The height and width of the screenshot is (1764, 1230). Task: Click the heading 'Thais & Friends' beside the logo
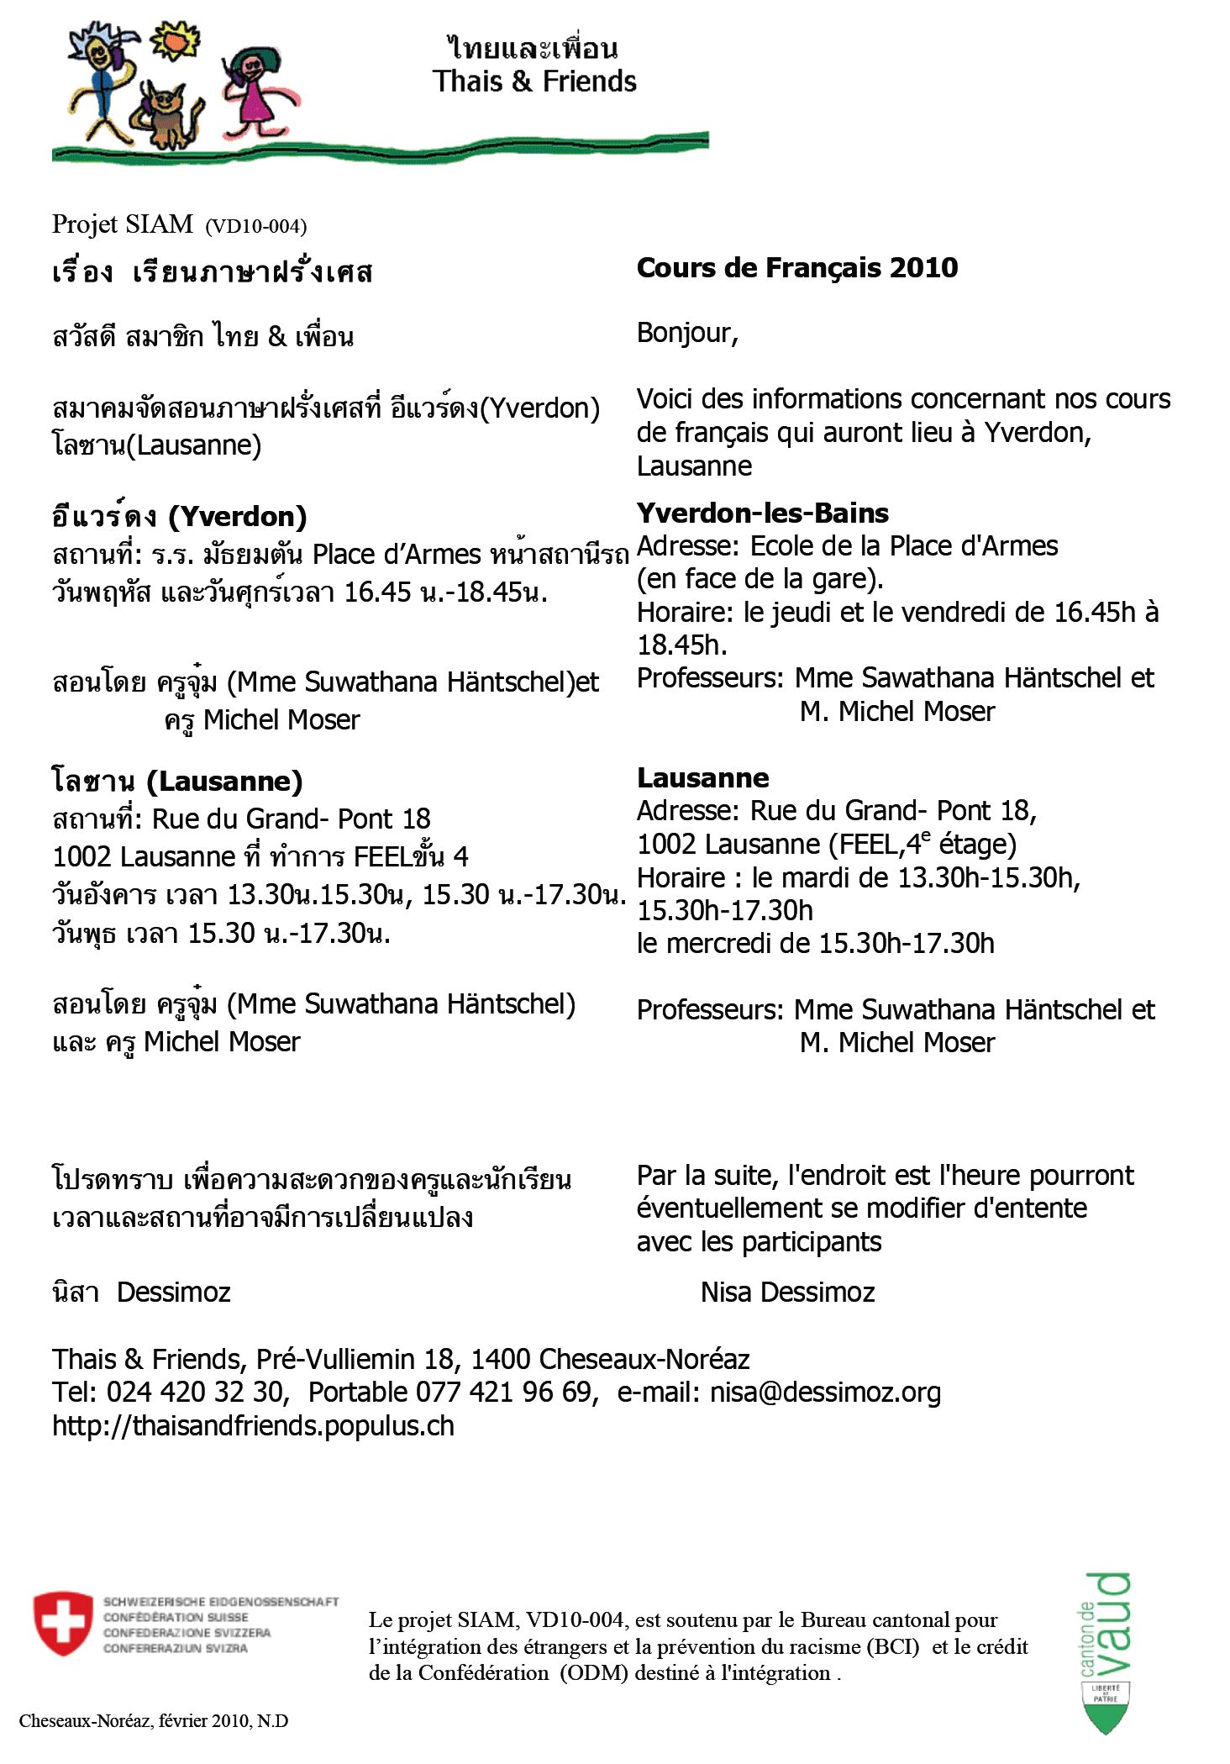534,82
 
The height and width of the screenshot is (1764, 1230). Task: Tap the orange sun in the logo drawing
176,39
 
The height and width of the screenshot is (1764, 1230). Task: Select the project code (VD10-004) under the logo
255,226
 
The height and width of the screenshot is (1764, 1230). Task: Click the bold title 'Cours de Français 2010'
796,267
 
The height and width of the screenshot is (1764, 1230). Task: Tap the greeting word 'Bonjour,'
687,333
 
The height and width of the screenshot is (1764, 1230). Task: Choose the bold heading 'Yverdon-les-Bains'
762,513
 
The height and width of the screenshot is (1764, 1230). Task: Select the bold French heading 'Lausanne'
702,777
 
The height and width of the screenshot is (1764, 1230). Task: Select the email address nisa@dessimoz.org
825,1392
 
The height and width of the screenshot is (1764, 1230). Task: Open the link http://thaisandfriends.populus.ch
253,1425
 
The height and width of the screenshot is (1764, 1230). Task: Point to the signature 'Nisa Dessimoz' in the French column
787,1292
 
